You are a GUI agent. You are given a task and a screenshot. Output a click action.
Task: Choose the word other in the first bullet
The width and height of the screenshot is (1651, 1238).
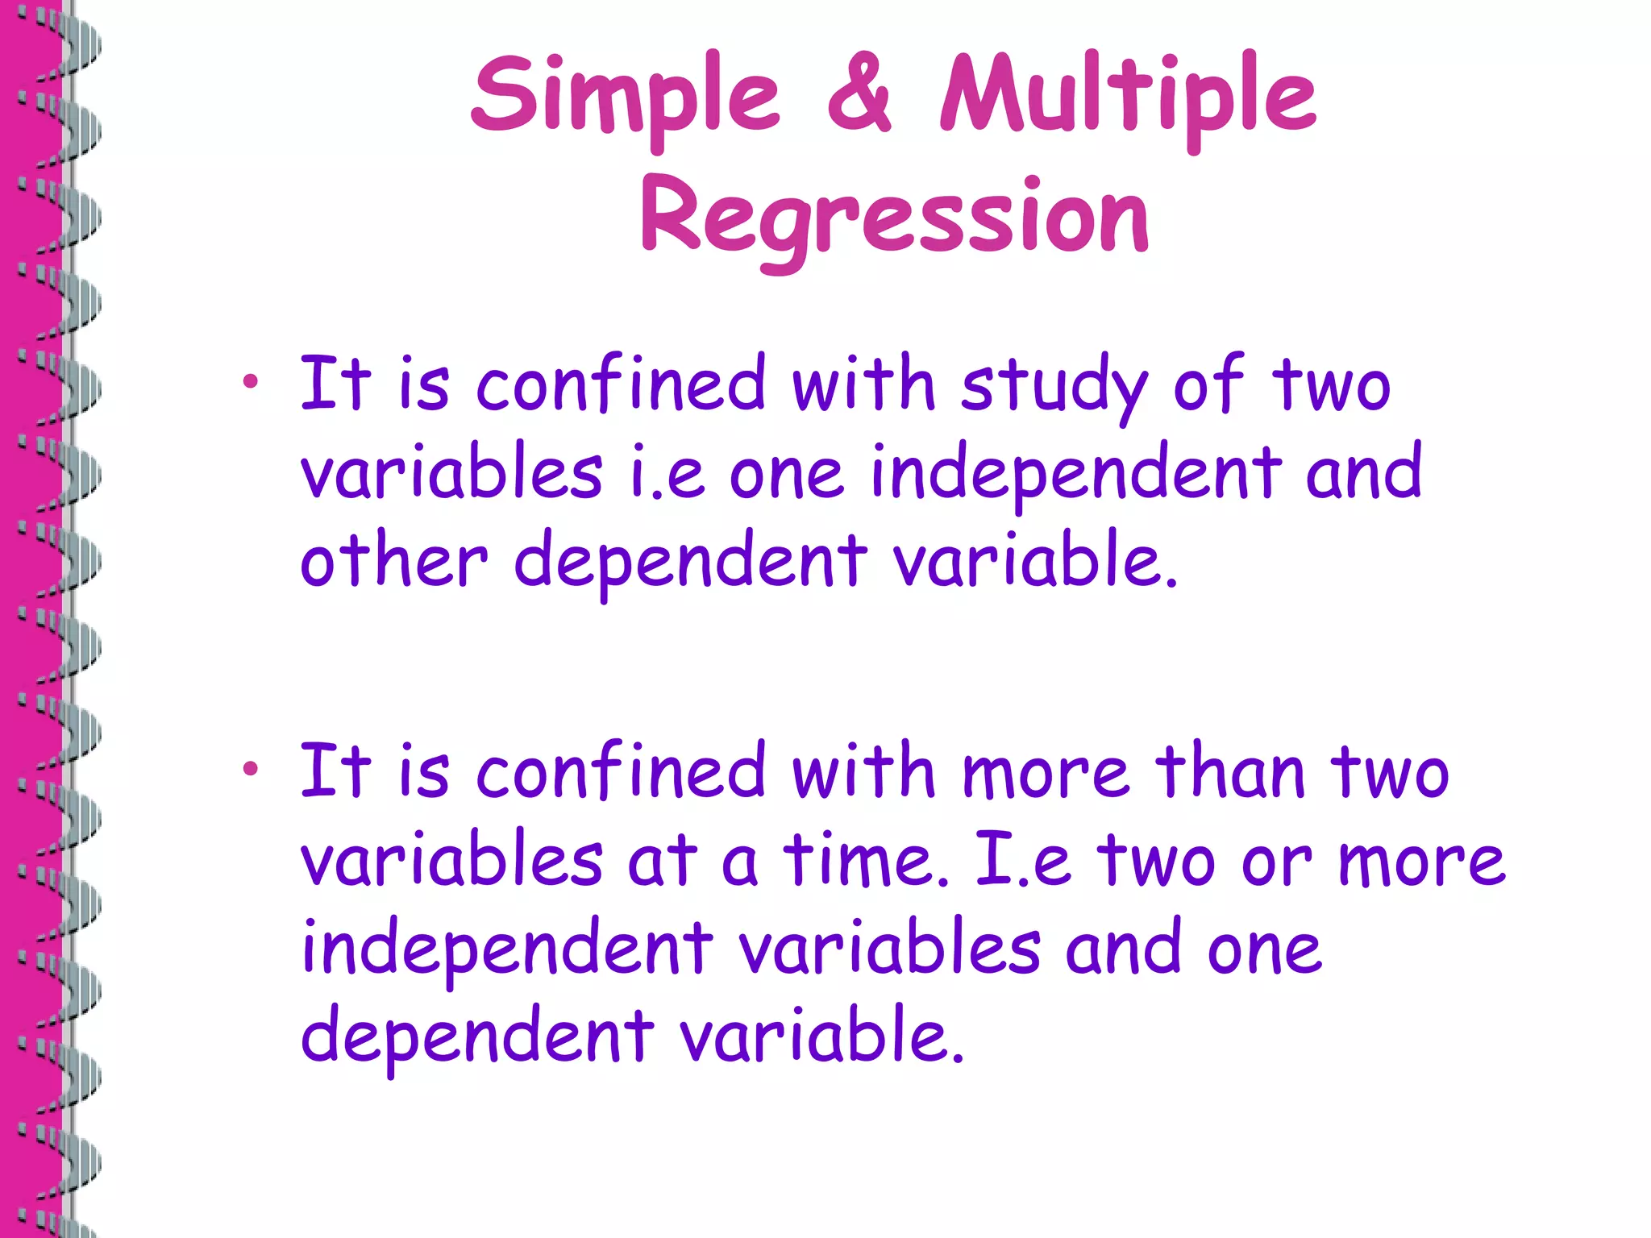click(x=394, y=559)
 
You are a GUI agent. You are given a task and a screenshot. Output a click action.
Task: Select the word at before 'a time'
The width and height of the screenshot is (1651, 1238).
click(x=662, y=861)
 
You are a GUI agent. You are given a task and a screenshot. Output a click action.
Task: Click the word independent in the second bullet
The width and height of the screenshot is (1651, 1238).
click(x=507, y=949)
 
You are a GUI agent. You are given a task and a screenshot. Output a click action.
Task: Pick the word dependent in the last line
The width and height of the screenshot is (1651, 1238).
click(x=476, y=1035)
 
